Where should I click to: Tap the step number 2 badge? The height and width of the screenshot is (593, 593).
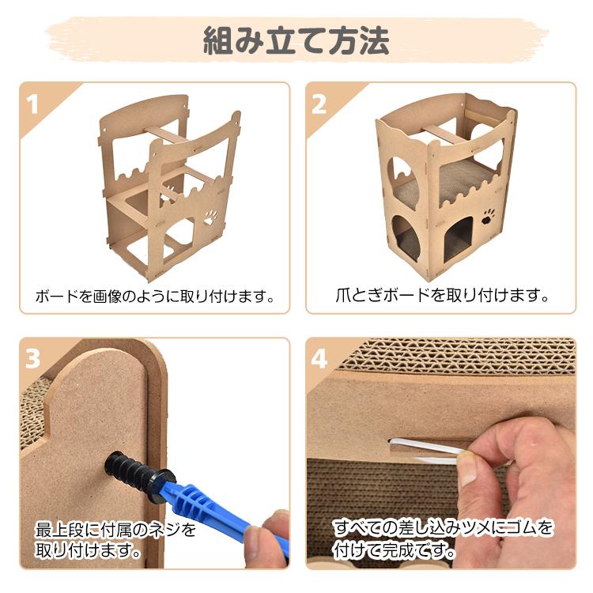[x=319, y=104]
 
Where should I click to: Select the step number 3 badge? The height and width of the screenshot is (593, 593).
[x=33, y=359]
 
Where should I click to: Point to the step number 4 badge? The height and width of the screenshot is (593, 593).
[x=319, y=359]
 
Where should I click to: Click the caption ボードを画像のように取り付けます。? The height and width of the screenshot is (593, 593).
[x=155, y=297]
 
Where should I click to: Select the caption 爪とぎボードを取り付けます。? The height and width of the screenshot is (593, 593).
[x=441, y=296]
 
